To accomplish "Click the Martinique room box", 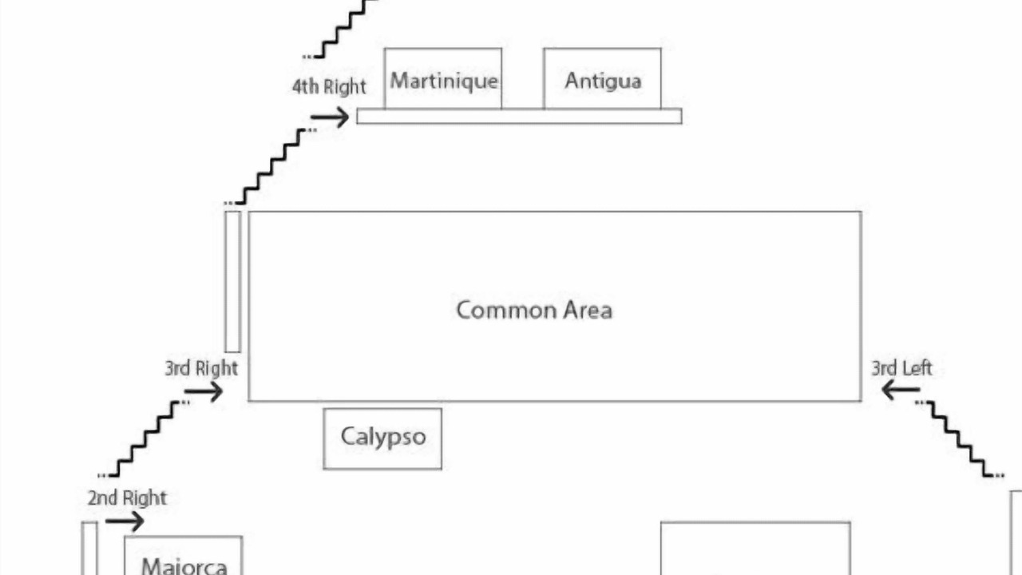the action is (443, 78).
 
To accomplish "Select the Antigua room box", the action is (602, 78).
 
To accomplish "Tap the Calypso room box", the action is (382, 438).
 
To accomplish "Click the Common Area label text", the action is (534, 310).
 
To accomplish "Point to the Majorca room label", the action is (184, 566).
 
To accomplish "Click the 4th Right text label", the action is (329, 87).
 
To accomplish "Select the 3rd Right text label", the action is (201, 368).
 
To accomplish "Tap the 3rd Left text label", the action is (901, 368).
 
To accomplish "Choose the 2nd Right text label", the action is (127, 498).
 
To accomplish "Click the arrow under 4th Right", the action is (330, 117).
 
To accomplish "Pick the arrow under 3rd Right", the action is (204, 391).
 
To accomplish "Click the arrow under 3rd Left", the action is (901, 391).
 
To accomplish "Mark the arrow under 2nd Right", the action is (125, 521).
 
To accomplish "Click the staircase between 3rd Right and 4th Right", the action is (271, 167).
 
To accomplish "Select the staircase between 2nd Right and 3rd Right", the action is (144, 438).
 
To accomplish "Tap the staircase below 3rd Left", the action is (960, 438).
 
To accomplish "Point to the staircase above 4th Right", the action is (341, 28).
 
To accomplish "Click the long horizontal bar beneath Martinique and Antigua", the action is (519, 117).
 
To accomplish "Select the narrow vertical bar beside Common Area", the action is (232, 282).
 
